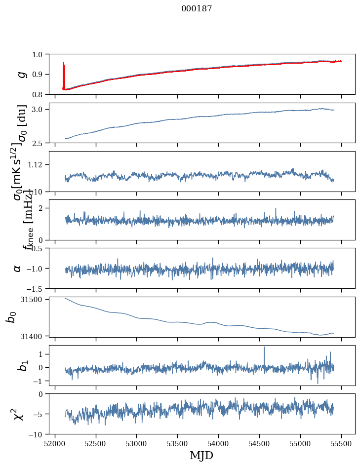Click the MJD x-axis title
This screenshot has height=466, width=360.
201,455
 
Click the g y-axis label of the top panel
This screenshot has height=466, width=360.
20,74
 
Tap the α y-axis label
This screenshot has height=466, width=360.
17,268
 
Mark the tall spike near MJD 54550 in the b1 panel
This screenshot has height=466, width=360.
264,348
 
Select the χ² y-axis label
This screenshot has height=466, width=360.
18,414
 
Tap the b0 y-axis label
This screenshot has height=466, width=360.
11,317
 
